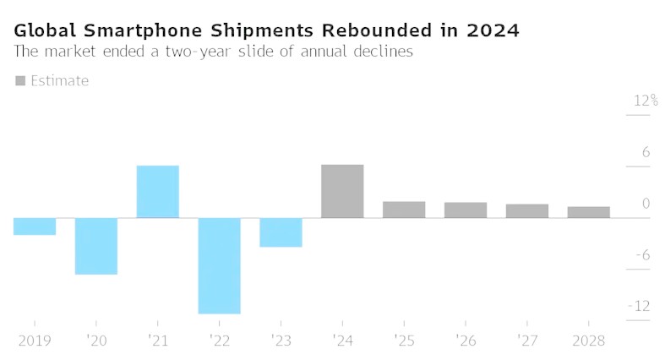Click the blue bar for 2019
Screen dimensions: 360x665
[35, 226]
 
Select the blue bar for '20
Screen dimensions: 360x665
[96, 246]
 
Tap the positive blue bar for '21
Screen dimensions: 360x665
[158, 192]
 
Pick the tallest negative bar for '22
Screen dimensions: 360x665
[220, 265]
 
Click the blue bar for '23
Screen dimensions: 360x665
[281, 232]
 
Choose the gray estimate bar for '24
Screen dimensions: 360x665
[342, 191]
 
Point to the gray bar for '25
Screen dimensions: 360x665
[404, 210]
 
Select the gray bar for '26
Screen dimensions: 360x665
[466, 210]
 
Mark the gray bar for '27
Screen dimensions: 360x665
[527, 211]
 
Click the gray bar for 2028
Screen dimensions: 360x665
[589, 212]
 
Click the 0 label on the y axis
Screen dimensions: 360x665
[646, 204]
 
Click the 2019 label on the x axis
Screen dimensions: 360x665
[34, 340]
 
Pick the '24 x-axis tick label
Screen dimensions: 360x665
[342, 340]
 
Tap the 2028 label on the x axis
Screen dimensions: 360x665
[589, 340]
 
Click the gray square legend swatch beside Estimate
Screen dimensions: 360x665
[20, 81]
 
